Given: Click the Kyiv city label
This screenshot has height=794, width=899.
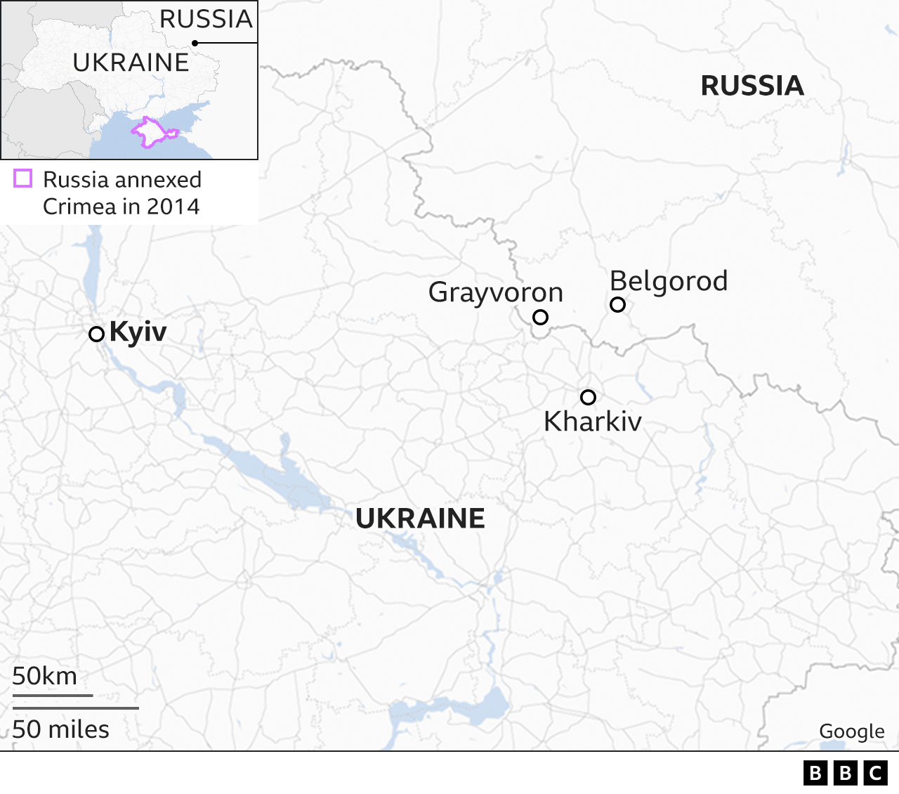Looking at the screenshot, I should tap(138, 332).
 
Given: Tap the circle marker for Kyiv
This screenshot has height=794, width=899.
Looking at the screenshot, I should tap(96, 334).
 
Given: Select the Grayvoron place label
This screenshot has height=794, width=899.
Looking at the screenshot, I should tap(496, 292).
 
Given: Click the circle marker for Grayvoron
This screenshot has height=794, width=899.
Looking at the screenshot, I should tap(540, 317).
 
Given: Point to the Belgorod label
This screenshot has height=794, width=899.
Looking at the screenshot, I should tap(669, 281).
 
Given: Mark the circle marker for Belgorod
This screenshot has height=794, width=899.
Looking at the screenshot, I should tap(617, 304).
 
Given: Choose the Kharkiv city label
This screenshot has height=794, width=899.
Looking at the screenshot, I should tap(593, 422).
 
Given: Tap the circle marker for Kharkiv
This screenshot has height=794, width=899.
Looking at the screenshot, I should tap(588, 397).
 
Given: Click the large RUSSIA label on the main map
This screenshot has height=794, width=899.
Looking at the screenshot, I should tap(752, 86).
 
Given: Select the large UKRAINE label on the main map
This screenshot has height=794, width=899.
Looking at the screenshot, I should tap(420, 519).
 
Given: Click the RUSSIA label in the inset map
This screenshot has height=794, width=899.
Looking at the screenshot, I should tap(206, 19).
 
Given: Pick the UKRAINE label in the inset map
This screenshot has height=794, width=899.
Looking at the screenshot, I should tap(131, 63).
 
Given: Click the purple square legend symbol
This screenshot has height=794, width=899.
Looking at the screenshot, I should tap(23, 178).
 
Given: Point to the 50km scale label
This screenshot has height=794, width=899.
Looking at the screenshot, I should tap(44, 676).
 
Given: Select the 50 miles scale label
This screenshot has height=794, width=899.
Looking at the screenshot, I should tap(60, 729).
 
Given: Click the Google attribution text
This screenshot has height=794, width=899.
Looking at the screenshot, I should tap(851, 731).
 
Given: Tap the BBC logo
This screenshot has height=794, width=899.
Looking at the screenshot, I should tap(845, 773).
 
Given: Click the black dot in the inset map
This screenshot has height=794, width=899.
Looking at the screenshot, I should tap(195, 43).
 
